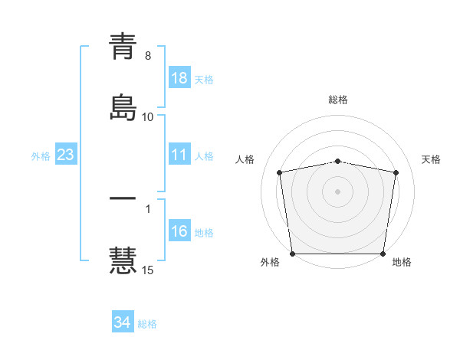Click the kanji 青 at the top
123,47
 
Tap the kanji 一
123,198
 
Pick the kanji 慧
123,258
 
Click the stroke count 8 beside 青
148,56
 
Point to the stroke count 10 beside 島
148,116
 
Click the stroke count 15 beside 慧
148,270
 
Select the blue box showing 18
179,78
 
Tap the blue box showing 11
179,155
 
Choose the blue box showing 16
179,231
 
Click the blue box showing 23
66,155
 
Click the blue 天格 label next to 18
204,80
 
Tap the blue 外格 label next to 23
41,156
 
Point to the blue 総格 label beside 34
147,324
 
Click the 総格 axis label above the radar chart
338,100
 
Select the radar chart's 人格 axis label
246,159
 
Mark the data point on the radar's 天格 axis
396,172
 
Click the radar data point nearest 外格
293,254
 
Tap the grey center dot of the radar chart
338,191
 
